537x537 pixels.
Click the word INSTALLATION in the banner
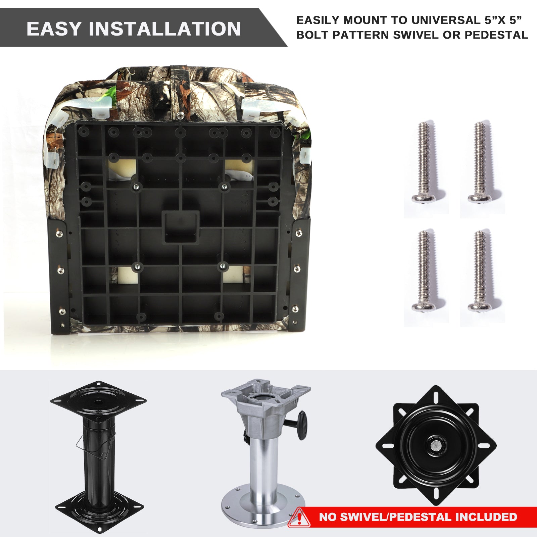[x=165, y=29]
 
